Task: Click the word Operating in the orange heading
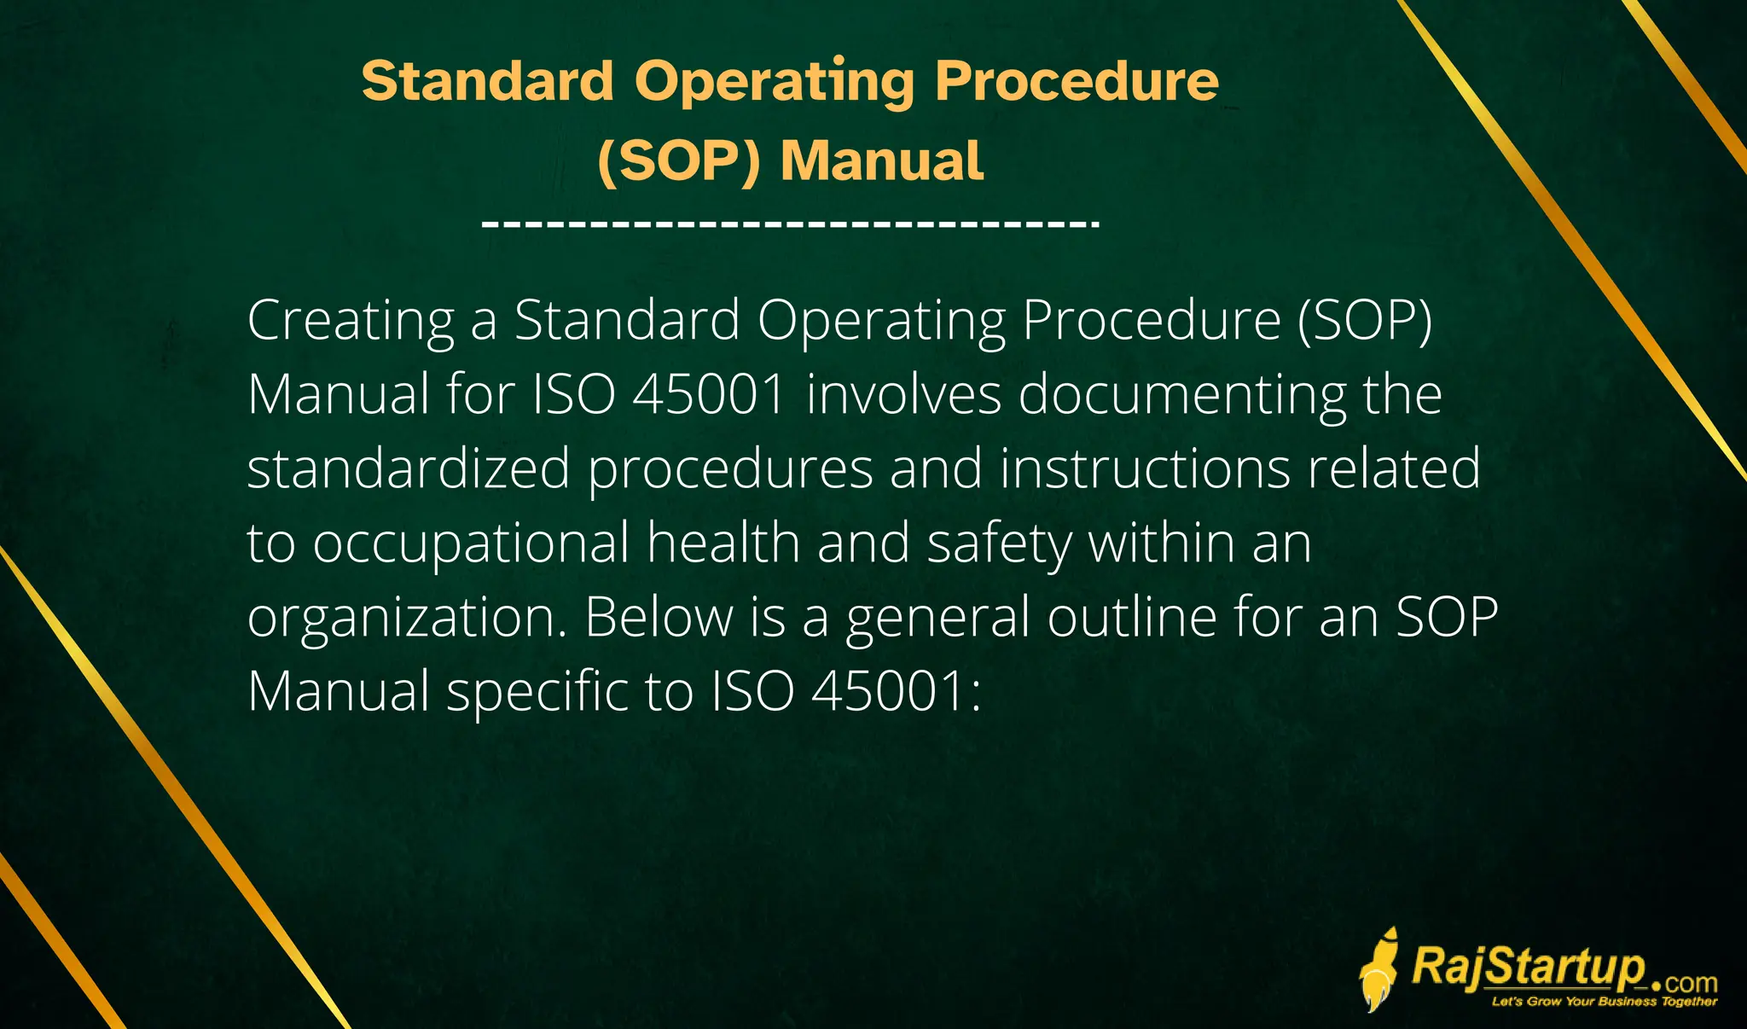[775, 83]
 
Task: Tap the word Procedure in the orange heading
[1077, 81]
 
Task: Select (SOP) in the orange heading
[678, 160]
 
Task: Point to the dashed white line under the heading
[790, 224]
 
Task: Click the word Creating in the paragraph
[350, 322]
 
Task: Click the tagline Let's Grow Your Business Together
[1604, 1002]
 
